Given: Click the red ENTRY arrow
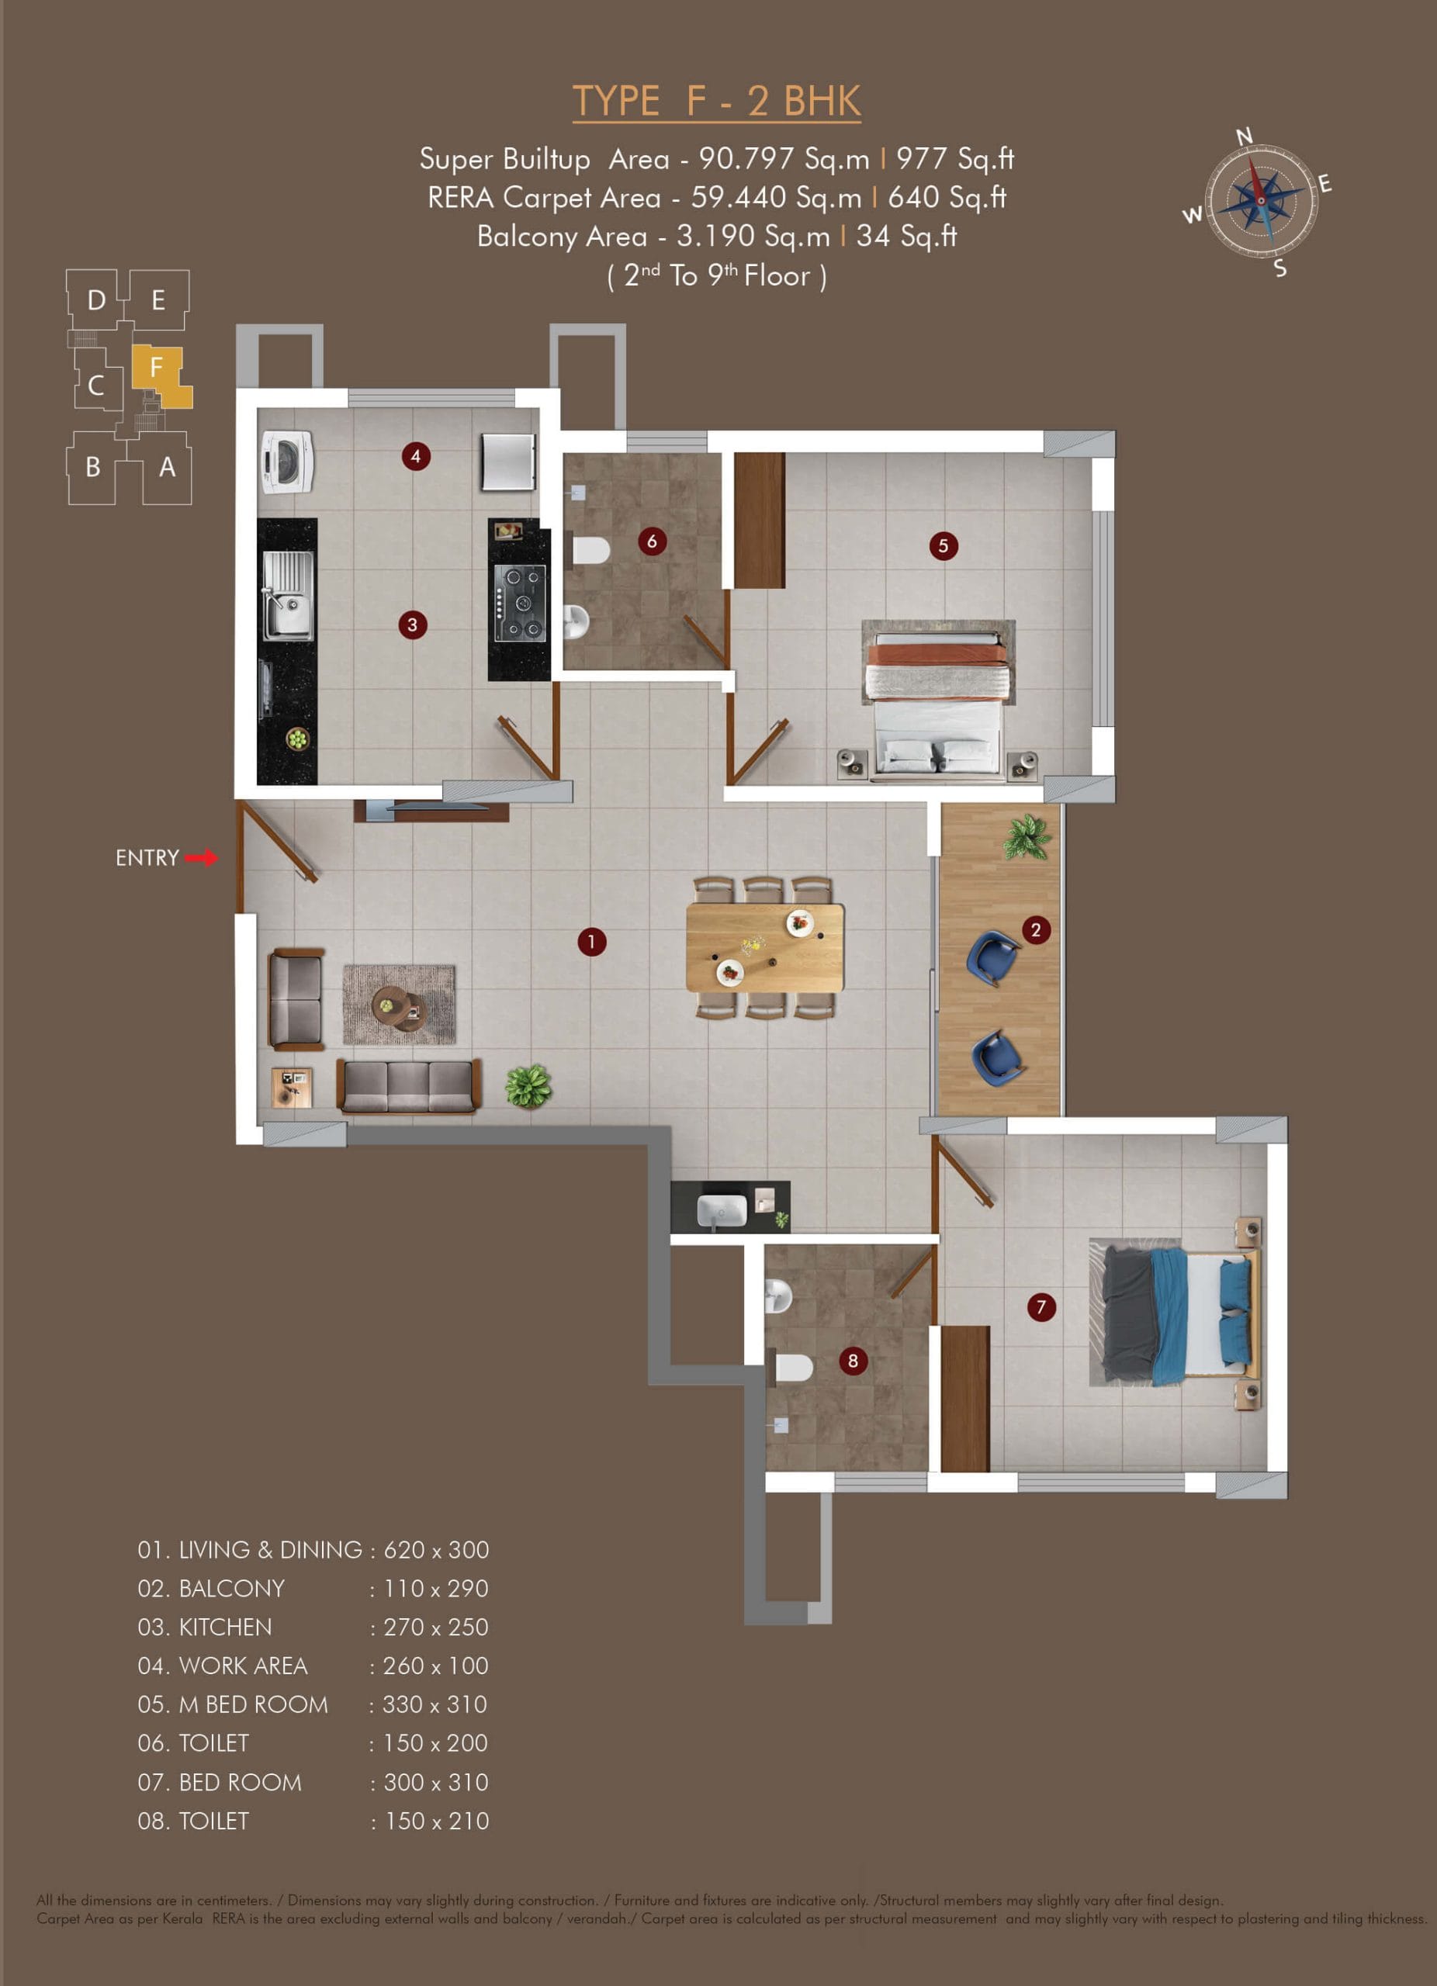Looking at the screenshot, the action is pyautogui.click(x=202, y=858).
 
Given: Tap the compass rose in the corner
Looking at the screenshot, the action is pyautogui.click(x=1260, y=202).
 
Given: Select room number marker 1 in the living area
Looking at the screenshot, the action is pyautogui.click(x=592, y=943).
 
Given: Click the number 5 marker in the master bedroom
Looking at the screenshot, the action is pyautogui.click(x=943, y=546).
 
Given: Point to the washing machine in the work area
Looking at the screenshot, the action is pyautogui.click(x=287, y=462).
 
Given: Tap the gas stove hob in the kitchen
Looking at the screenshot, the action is pyautogui.click(x=520, y=604).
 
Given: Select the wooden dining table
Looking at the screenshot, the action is pyautogui.click(x=765, y=947).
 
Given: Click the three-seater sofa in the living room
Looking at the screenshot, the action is pyautogui.click(x=409, y=1086).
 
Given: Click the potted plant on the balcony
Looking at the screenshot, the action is pyautogui.click(x=1027, y=837).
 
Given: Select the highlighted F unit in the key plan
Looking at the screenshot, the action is pyautogui.click(x=161, y=375).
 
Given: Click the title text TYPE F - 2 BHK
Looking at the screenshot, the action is pyautogui.click(x=716, y=101).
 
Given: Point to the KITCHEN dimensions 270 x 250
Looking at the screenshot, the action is pyautogui.click(x=436, y=1627).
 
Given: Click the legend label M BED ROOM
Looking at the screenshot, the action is pyautogui.click(x=254, y=1704).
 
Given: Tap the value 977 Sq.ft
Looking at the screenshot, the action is pyautogui.click(x=955, y=158).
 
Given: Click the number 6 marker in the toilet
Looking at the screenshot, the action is pyautogui.click(x=652, y=541).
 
